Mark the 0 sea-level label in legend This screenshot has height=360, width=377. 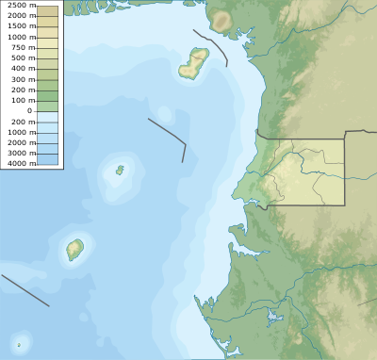coord(29,110)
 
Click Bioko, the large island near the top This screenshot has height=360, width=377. coord(194,64)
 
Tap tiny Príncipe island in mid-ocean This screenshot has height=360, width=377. coord(120,171)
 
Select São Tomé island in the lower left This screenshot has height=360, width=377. coord(74,250)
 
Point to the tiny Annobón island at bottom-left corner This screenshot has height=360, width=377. coord(18,344)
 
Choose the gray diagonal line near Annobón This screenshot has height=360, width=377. coord(25,290)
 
